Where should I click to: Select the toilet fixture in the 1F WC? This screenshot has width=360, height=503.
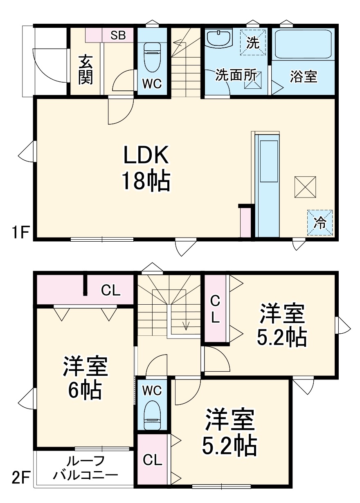click(152, 57)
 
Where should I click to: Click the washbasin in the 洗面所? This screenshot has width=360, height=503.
click(219, 38)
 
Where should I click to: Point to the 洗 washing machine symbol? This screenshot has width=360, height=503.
click(253, 42)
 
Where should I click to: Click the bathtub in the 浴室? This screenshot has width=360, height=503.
click(303, 44)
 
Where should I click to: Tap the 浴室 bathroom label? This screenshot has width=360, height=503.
click(304, 77)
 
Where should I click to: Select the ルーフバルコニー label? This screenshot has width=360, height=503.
click(86, 468)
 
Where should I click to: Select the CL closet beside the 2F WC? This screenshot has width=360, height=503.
click(152, 460)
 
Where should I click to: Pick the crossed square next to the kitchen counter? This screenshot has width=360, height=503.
click(305, 187)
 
